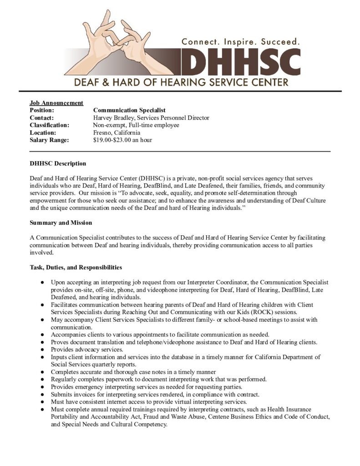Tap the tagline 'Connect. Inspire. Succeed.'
click(241, 41)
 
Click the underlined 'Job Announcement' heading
click(56, 103)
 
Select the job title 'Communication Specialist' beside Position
click(129, 110)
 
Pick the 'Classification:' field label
click(50, 125)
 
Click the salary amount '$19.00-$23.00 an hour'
click(122, 140)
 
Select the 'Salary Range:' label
click(49, 140)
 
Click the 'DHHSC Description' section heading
click(58, 163)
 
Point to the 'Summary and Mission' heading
click(61, 223)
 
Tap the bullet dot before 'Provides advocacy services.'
click(42, 349)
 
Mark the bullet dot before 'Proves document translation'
click(42, 342)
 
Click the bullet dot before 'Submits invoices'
click(42, 394)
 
